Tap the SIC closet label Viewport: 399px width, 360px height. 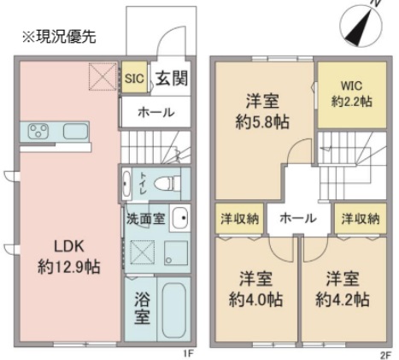[135, 78]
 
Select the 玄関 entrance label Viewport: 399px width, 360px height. [170, 79]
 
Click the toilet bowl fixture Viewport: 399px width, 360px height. [168, 183]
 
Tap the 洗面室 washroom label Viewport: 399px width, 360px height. [145, 217]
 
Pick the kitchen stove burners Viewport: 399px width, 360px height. [38, 132]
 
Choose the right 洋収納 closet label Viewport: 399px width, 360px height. [361, 218]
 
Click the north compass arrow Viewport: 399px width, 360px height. [360, 23]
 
